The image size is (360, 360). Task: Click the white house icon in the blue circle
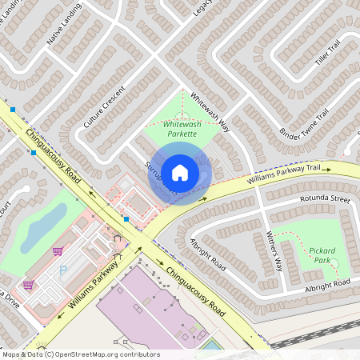pyautogui.click(x=180, y=172)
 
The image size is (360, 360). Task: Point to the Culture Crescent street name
pyautogui.click(x=104, y=108)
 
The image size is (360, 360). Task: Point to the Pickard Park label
pyautogui.click(x=323, y=255)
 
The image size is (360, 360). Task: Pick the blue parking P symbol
pyautogui.click(x=63, y=270)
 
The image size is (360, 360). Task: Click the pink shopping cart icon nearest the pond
pyautogui.click(x=57, y=251)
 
